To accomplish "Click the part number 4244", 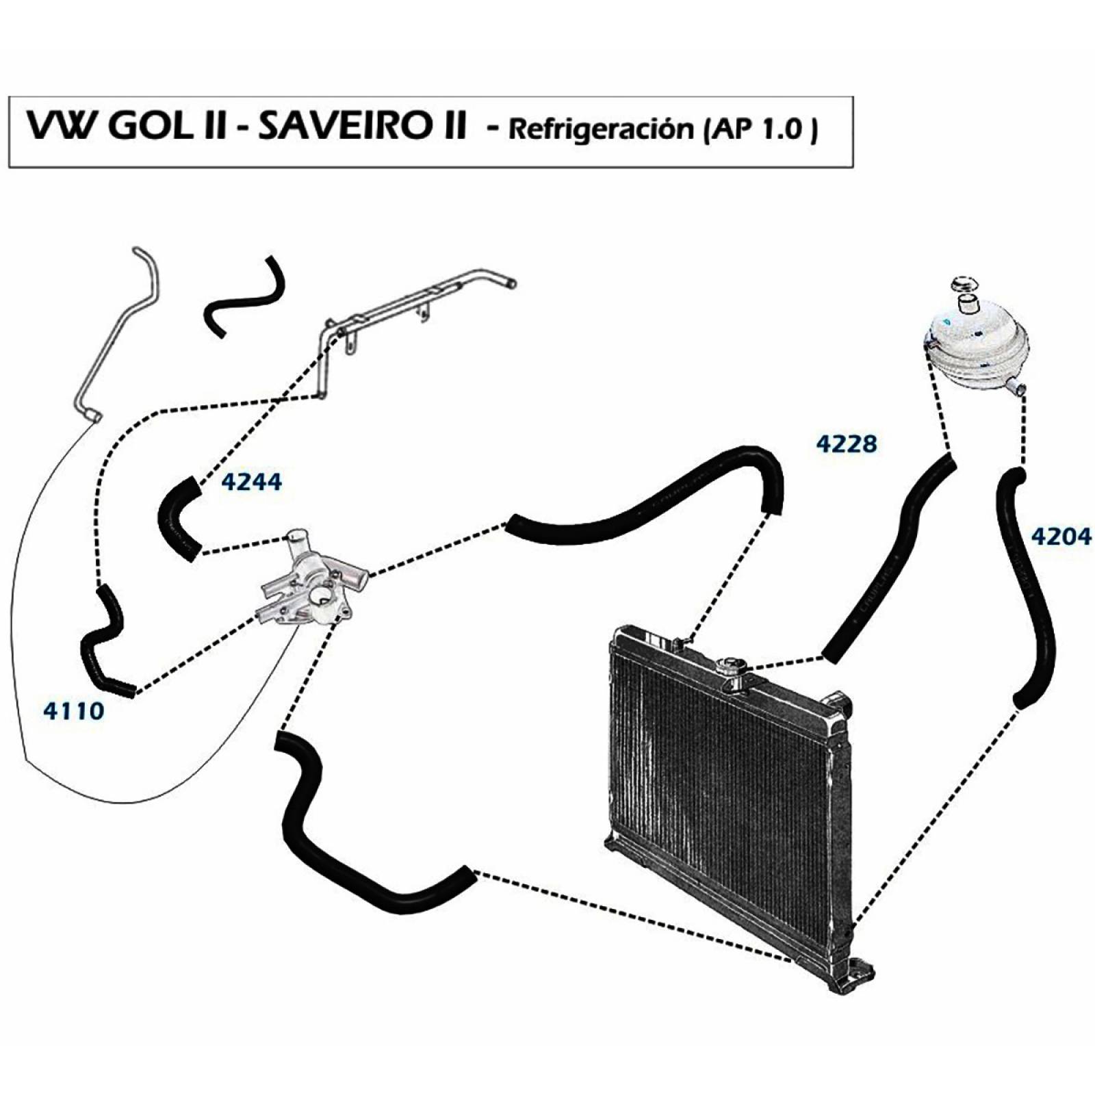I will click(251, 482).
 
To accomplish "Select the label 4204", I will click(1061, 536).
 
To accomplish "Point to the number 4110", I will click(73, 711).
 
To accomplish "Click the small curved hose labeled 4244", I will click(177, 519).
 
